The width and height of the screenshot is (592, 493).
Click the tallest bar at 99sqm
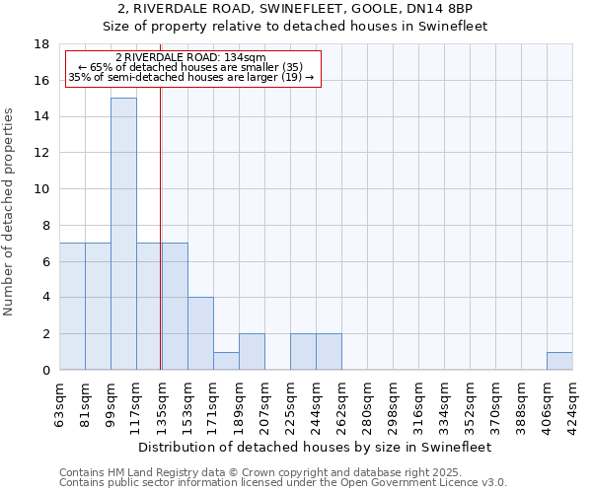click(x=123, y=234)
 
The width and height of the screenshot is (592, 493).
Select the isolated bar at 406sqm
click(x=559, y=361)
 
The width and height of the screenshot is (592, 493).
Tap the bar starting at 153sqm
click(x=200, y=333)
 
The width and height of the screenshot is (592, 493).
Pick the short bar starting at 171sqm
click(x=226, y=361)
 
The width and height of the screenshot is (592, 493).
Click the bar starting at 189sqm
click(x=252, y=352)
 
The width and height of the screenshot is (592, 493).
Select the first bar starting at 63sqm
click(x=72, y=307)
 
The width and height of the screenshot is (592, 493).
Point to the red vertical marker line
click(x=160, y=246)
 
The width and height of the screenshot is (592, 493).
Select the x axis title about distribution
click(x=315, y=447)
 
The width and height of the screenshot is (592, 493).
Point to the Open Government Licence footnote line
click(x=282, y=483)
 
